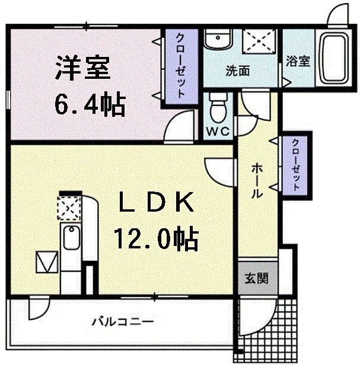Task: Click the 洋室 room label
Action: point(83,68)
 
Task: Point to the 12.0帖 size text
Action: point(156,238)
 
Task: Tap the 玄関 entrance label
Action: point(257,278)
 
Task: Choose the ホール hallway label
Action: point(257,180)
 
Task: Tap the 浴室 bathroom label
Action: point(298,62)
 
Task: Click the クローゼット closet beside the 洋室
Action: point(180,65)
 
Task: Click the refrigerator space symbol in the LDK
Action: point(46,261)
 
